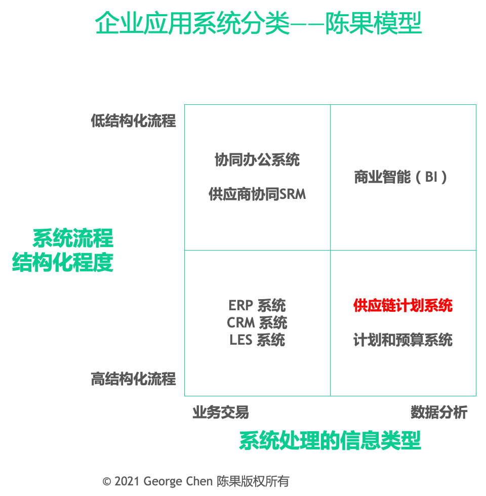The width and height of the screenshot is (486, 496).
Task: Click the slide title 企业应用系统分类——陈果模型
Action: point(258,23)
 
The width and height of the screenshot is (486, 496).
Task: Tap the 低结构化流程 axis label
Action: point(134,120)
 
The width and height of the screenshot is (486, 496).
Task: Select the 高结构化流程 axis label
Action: point(134,378)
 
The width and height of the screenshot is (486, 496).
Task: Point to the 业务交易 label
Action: point(221,412)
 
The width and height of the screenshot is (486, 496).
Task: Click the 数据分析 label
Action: point(439,412)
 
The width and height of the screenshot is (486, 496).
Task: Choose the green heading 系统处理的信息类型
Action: point(330,440)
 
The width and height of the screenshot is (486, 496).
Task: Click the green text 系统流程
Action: point(73,237)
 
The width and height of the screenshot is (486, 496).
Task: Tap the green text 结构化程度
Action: point(63,262)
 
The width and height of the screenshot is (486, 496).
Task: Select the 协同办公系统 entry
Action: point(257,160)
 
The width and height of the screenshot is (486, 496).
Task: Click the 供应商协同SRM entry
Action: point(257,194)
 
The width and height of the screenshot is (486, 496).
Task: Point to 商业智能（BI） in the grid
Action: point(401,177)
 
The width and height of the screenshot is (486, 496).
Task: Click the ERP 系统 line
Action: point(257,306)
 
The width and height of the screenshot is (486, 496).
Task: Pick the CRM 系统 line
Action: point(257,322)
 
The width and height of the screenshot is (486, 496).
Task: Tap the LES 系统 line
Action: point(257,340)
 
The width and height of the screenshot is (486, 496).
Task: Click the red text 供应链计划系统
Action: point(403,306)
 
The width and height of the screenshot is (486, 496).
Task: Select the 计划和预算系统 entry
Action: point(403,340)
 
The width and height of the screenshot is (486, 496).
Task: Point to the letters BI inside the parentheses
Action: point(431,177)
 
